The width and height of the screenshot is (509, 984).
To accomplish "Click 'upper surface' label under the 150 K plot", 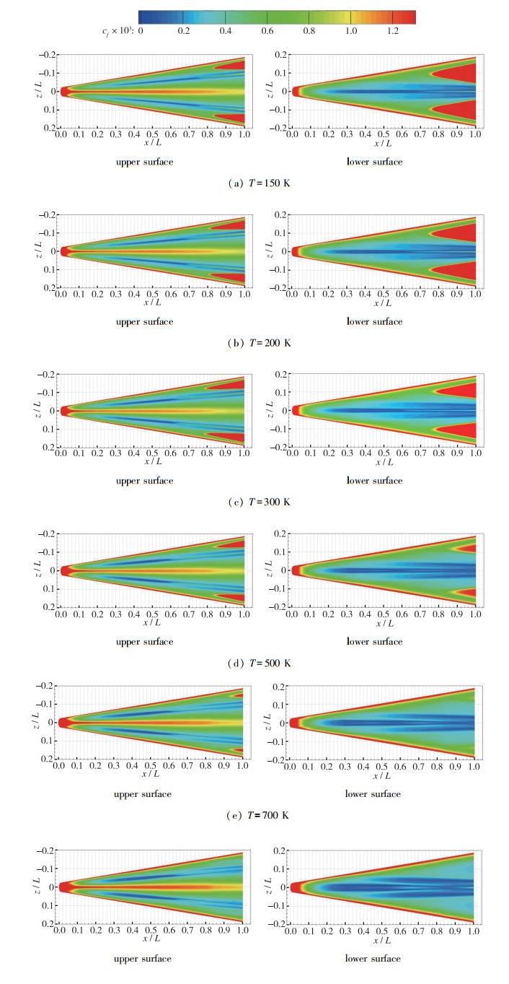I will tap(143, 162).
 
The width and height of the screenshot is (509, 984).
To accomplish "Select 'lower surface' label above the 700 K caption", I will tap(374, 794).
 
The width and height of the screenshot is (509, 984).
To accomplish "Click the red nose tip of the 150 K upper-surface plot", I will tap(63, 92).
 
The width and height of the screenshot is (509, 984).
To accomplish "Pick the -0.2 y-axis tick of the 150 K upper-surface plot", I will tap(46, 55).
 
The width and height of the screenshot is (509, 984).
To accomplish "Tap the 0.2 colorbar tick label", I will tap(183, 32).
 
